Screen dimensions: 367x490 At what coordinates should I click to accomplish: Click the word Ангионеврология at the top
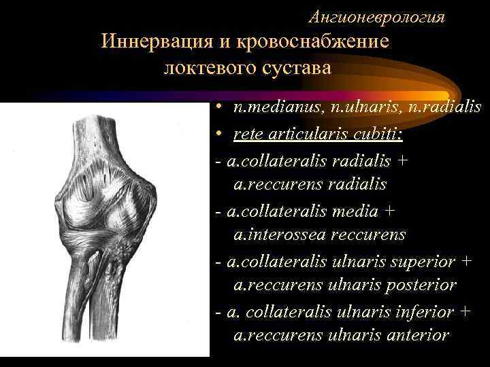pyautogui.click(x=377, y=18)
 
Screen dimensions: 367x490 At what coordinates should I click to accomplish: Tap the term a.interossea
pyautogui.click(x=279, y=234)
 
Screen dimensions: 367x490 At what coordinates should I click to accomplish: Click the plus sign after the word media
pyautogui.click(x=389, y=210)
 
